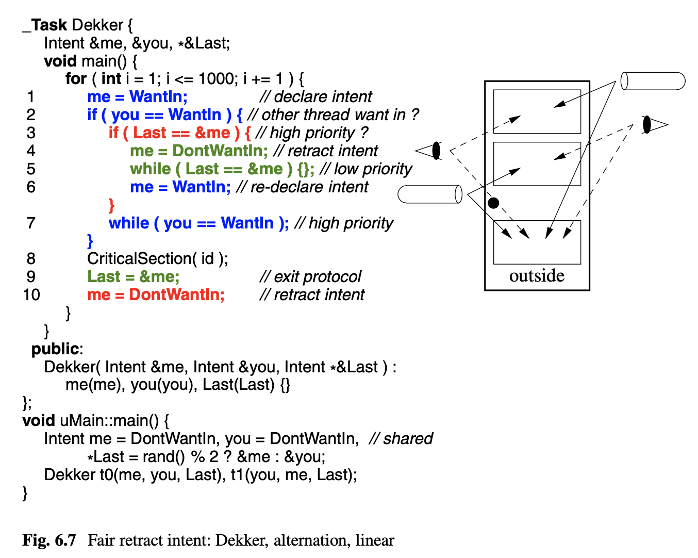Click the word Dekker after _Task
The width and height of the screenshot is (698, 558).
98,25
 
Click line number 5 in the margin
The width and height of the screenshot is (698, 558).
31,169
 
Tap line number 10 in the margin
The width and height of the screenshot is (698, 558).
31,294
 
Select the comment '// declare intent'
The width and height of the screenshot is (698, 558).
315,96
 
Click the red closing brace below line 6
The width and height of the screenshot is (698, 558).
111,205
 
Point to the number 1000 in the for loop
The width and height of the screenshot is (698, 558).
216,79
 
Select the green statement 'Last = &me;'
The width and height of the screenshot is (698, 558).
134,276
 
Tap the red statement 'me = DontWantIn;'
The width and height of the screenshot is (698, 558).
156,294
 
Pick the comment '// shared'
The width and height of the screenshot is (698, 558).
401,438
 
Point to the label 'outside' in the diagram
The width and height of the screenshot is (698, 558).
537,276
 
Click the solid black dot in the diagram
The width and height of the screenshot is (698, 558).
493,203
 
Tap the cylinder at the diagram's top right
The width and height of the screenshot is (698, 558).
653,81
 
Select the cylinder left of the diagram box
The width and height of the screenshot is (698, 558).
430,194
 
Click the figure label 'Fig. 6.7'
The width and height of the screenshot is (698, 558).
49,540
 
